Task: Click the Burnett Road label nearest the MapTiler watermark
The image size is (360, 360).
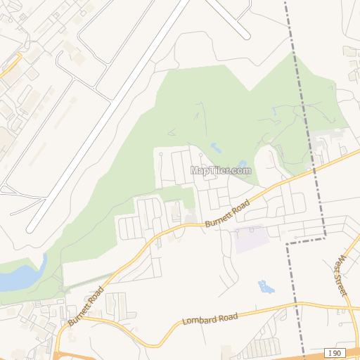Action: [227, 213]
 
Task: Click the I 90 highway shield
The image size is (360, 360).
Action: [335, 352]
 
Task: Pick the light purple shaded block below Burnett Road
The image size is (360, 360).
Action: [252, 240]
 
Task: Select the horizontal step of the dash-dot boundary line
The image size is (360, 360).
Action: [305, 240]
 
